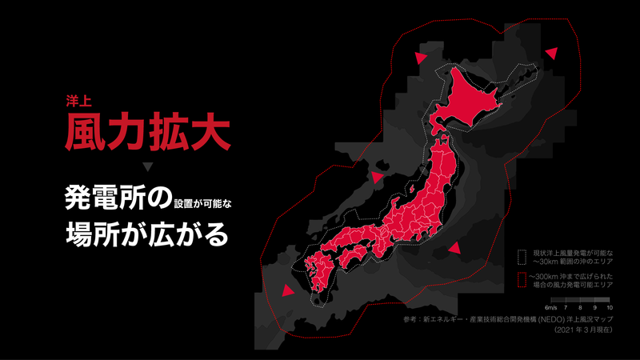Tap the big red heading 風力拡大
[x=148, y=131]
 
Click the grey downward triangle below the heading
[x=147, y=166]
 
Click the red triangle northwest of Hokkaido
[x=420, y=57]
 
